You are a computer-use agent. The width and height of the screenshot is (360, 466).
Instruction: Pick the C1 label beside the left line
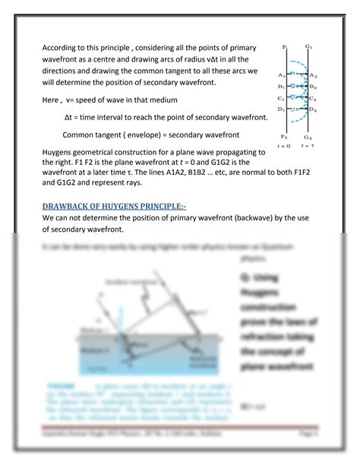point(282,98)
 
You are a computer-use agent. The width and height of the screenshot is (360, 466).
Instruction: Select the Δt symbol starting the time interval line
point(70,118)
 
